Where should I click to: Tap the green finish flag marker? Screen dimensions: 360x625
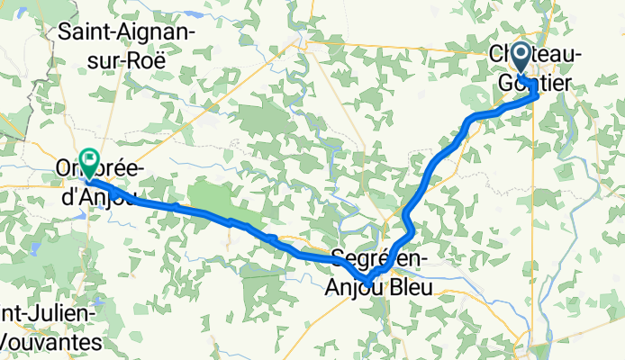coord(89,161)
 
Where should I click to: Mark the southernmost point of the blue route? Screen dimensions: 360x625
coord(368,283)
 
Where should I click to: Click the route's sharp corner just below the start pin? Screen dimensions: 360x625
coord(536,94)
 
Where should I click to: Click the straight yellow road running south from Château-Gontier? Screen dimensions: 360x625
coord(537,225)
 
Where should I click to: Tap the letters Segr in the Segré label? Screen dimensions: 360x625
coord(356,256)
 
